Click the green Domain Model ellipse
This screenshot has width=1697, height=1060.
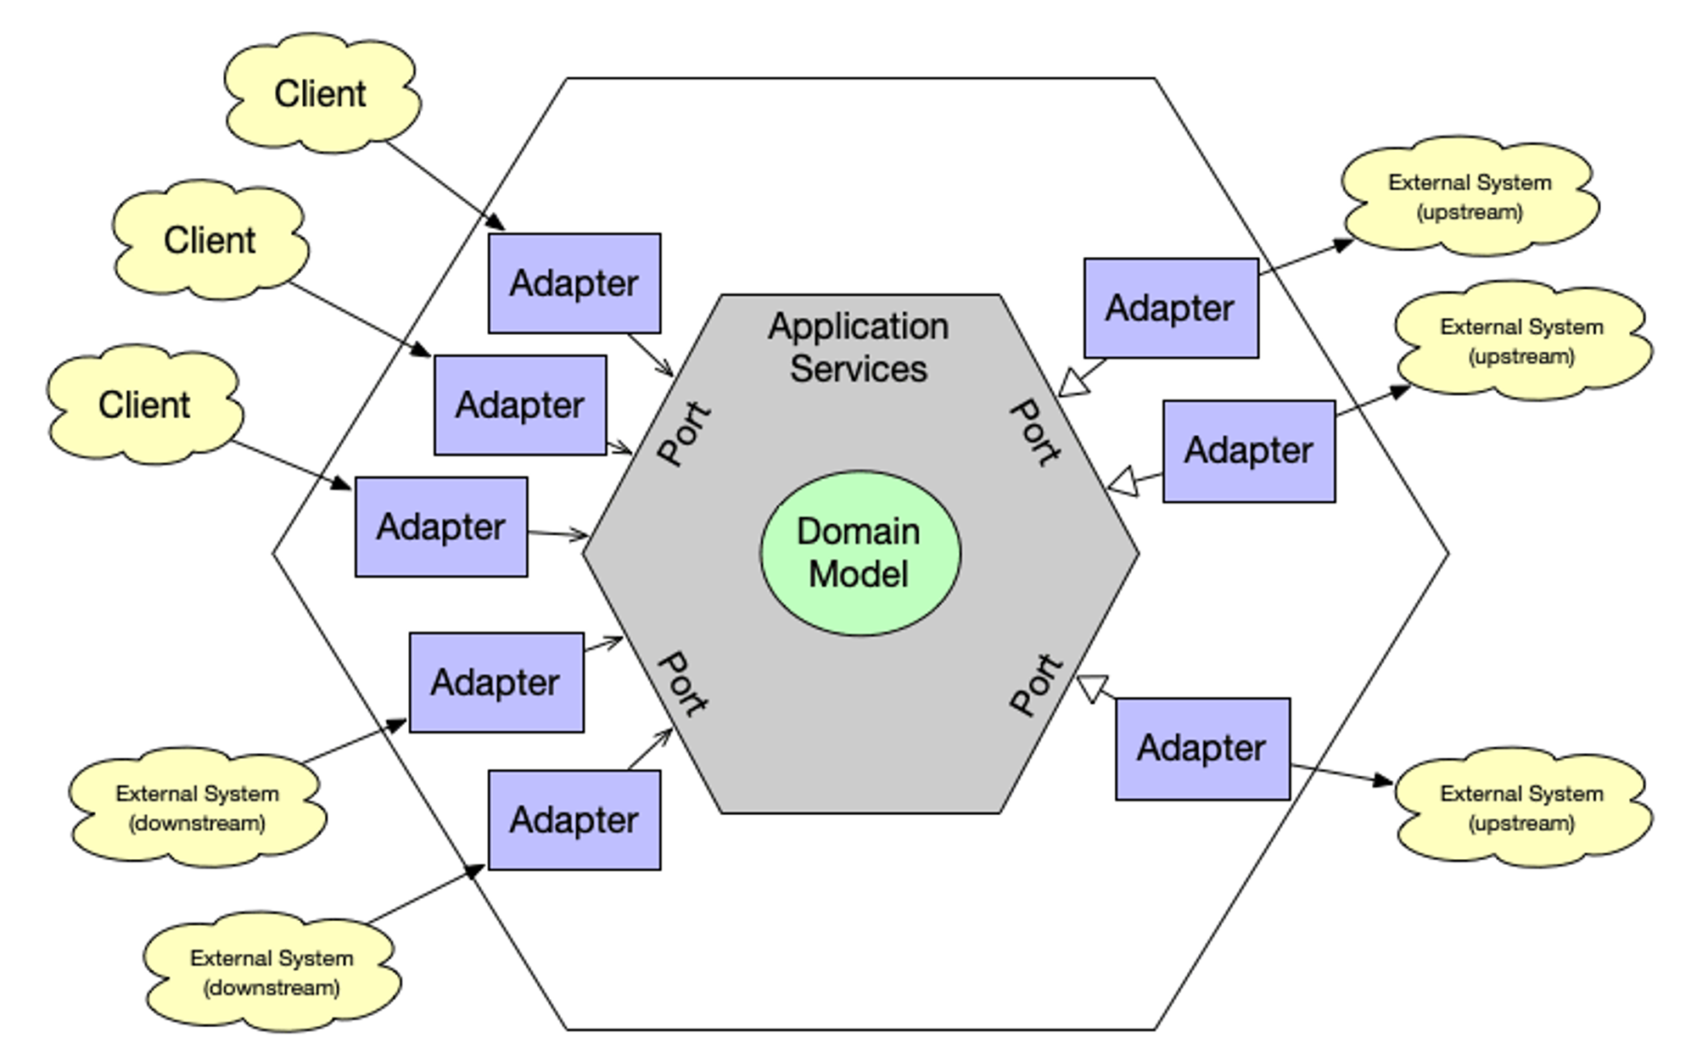[860, 553]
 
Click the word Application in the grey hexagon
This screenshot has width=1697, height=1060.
[858, 326]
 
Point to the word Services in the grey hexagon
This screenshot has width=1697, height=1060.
[858, 369]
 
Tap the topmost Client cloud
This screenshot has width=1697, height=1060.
[321, 93]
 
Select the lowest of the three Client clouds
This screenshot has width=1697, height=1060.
[144, 404]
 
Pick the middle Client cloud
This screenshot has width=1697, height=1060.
[210, 240]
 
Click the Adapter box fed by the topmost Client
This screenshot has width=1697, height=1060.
[574, 283]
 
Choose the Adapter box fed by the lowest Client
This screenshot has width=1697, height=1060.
[440, 527]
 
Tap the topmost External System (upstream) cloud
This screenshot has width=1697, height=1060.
[1470, 196]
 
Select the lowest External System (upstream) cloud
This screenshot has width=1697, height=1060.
[1521, 807]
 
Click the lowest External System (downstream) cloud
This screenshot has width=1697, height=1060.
[272, 972]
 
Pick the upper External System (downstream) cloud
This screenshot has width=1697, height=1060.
[197, 807]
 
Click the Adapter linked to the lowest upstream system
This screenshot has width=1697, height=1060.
[1201, 749]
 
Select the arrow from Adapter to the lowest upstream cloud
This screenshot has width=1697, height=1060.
[1341, 773]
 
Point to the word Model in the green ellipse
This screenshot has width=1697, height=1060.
[858, 574]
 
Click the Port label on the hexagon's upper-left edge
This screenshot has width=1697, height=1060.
[684, 433]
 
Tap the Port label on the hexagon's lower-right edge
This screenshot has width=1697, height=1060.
[1035, 683]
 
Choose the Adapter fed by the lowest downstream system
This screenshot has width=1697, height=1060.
[574, 820]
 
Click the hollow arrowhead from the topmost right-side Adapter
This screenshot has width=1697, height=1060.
[1074, 383]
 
